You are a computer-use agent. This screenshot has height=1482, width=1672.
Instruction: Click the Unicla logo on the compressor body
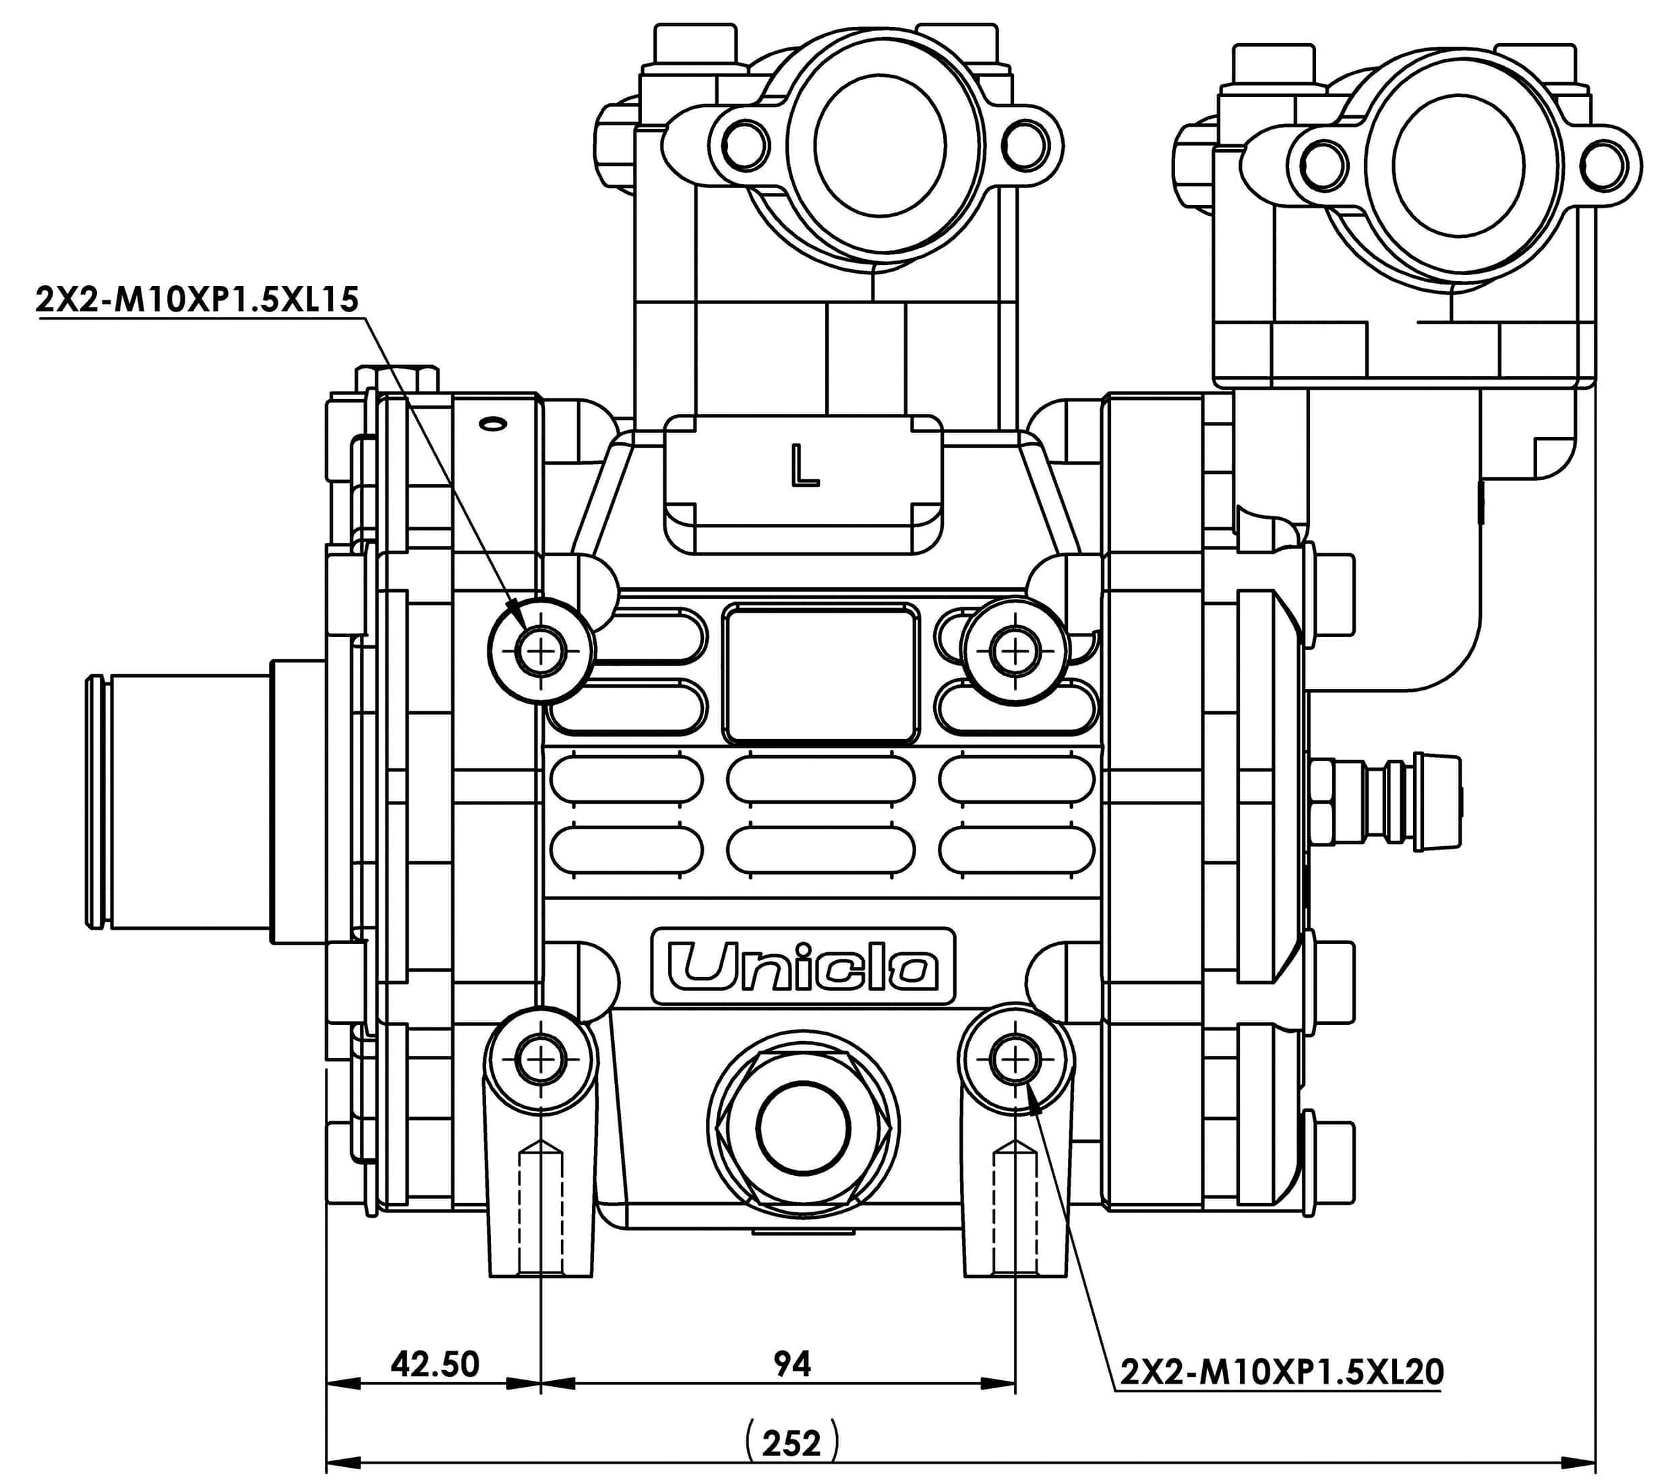coord(802,966)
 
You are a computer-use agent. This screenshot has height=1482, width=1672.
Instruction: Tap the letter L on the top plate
coord(804,465)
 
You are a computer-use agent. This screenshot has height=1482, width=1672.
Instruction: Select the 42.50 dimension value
coord(434,1364)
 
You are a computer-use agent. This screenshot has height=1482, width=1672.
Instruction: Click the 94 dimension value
coord(792,1363)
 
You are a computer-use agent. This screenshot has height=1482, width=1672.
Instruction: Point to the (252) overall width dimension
coord(792,1443)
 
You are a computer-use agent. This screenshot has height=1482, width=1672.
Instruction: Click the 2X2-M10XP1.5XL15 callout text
coord(197,299)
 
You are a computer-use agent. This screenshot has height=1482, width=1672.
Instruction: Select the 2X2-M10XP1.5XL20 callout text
coord(1281,1371)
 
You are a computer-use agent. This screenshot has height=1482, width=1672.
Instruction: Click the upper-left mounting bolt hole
coord(541,651)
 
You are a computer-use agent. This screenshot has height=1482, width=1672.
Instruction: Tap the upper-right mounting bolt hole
coord(1015,652)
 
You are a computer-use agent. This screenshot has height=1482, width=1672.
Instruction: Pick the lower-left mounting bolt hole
coord(541,1061)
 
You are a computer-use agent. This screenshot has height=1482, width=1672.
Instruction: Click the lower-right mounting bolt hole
coord(1015,1061)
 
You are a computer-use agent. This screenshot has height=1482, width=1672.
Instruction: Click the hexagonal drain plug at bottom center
coord(802,1129)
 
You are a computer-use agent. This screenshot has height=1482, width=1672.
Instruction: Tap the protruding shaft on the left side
coord(188,801)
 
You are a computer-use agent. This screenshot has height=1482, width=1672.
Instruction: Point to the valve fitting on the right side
coord(1382,801)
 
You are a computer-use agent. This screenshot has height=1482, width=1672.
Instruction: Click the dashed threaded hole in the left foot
coord(541,1210)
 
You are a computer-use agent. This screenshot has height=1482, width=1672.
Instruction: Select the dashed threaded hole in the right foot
coord(1015,1210)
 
